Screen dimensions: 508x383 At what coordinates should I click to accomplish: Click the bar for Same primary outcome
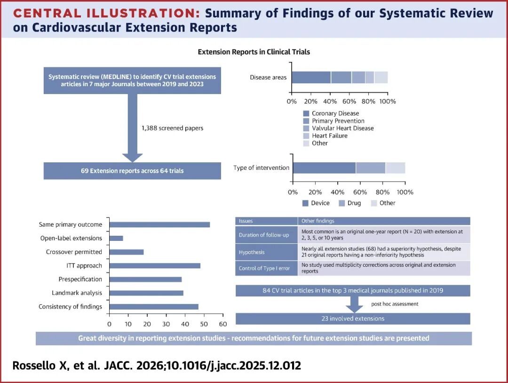[x=160, y=224]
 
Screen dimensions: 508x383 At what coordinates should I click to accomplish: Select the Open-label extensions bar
[x=116, y=238]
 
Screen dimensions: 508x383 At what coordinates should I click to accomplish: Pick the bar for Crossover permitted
[x=127, y=252]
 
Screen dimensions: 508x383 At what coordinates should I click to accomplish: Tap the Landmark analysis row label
[x=77, y=293]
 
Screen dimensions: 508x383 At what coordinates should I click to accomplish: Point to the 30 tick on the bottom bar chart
[x=166, y=324]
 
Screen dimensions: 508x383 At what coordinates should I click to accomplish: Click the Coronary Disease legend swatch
[x=306, y=113]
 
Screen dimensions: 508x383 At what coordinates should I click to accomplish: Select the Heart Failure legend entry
[x=325, y=136]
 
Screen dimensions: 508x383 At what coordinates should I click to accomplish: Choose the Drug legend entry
[x=349, y=203]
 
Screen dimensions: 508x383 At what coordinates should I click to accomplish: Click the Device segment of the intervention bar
[x=324, y=168]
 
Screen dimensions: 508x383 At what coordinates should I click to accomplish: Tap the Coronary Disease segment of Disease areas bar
[x=311, y=78]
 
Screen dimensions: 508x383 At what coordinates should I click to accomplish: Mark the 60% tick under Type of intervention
[x=360, y=192]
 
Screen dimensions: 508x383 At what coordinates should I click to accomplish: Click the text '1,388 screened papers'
[x=172, y=128]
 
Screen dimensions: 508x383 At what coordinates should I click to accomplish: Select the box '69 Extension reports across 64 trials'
[x=132, y=171]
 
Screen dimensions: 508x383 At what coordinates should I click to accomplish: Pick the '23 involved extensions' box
[x=353, y=319]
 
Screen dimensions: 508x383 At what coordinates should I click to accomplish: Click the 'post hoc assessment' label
[x=395, y=304]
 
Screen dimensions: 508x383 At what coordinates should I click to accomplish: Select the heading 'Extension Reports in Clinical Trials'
[x=254, y=52]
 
